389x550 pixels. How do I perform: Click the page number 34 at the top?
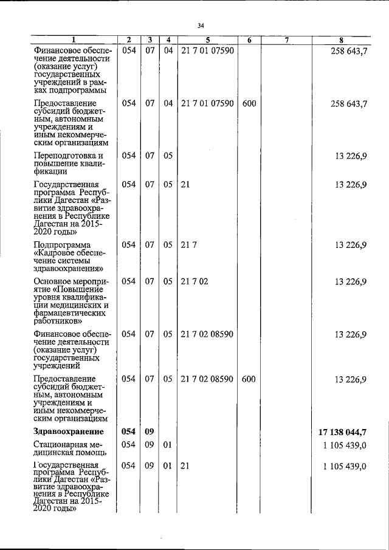coord(201,26)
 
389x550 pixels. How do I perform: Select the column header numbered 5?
coord(207,40)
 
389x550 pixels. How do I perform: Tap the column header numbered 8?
coord(342,40)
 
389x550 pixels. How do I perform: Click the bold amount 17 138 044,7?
coord(342,432)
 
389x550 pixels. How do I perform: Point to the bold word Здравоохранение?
coord(67,432)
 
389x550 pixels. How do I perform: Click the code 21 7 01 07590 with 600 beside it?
coord(207,103)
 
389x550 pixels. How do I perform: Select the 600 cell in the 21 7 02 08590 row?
coord(249,379)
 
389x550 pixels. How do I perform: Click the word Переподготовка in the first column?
coord(65,156)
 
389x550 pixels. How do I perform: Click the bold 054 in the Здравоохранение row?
coord(129,432)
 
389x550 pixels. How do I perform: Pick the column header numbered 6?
coord(249,40)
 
